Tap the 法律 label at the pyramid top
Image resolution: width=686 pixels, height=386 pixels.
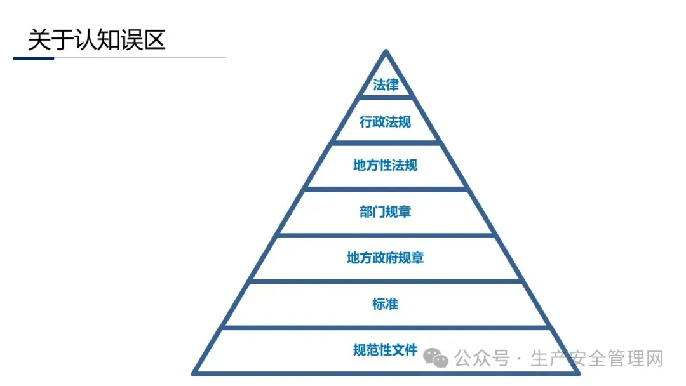tap(386, 84)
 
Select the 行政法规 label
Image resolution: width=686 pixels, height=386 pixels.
tap(386, 122)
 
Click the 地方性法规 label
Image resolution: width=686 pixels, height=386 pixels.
tap(386, 166)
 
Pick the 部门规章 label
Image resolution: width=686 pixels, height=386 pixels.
tap(386, 211)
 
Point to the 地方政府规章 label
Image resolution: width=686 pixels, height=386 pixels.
tap(386, 258)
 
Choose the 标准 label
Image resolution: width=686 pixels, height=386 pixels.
tap(386, 303)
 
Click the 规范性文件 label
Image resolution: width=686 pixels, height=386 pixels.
tap(386, 350)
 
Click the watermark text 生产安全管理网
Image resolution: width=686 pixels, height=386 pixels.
tap(596, 359)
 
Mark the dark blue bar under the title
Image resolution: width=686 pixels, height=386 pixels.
tap(33, 58)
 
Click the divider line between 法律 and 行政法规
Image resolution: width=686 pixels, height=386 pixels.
tap(386, 98)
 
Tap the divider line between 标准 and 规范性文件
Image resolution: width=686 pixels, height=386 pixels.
tap(386, 327)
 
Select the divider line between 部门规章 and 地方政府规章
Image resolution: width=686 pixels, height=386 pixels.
tap(386, 235)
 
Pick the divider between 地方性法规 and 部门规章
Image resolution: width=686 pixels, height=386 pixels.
tap(386, 189)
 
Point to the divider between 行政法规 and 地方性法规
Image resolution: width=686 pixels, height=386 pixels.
tap(386, 143)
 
